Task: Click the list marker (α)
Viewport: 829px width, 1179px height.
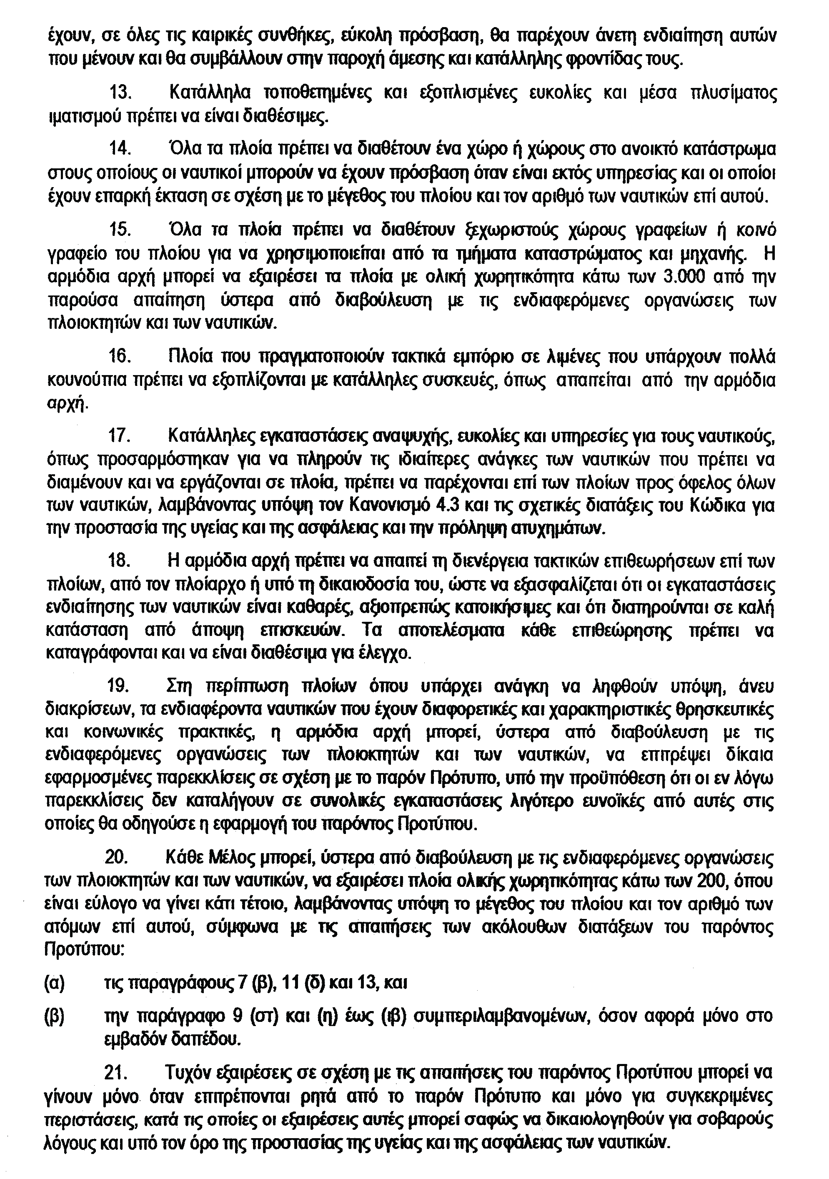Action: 55,984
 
